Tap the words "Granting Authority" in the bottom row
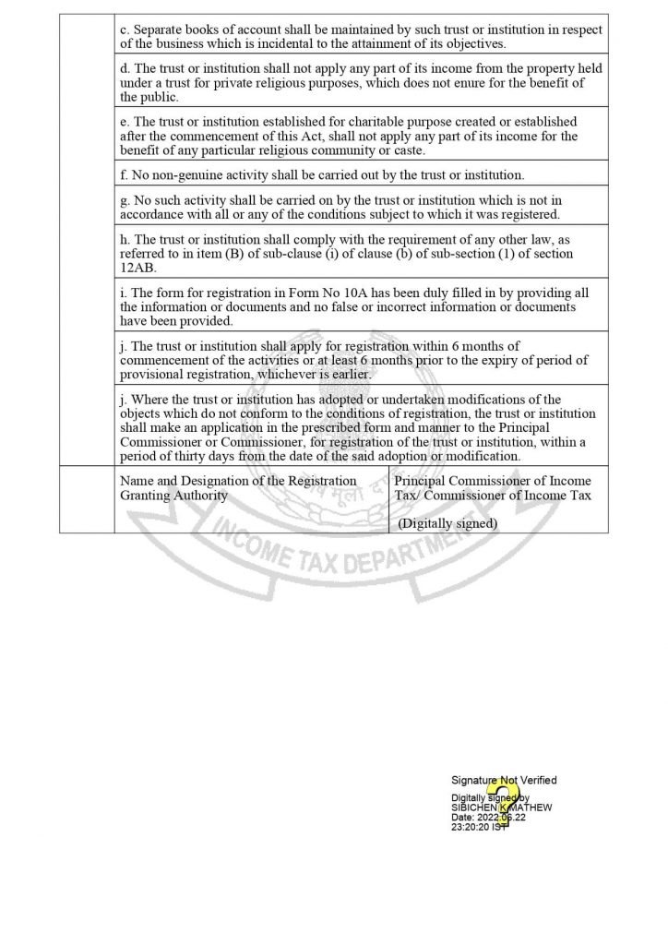pos(173,495)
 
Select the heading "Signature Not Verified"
pos(504,780)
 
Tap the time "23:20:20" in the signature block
pos(473,828)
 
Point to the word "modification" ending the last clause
pos(485,456)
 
